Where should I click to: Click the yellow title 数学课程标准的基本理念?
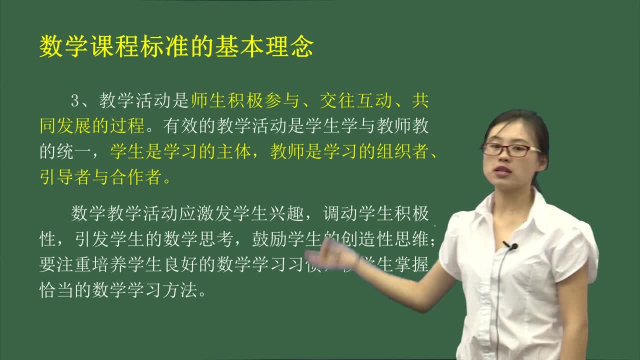(x=176, y=47)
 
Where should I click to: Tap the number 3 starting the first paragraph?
(x=75, y=100)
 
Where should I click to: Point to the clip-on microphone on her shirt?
(x=511, y=246)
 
